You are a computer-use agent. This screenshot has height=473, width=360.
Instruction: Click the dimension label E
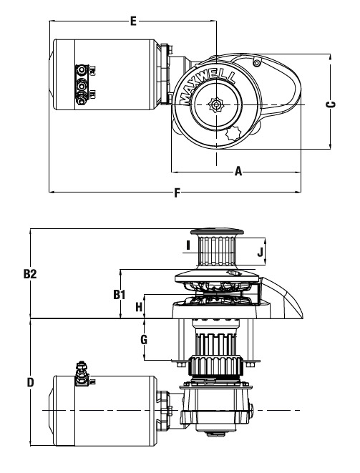[133, 21]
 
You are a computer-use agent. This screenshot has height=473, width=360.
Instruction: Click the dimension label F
[177, 192]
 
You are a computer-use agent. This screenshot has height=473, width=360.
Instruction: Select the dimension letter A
[238, 171]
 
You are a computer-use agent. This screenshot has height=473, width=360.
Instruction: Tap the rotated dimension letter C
[331, 104]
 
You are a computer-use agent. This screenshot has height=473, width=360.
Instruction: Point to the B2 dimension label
[30, 274]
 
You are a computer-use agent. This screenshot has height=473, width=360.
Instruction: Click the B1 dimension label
[120, 294]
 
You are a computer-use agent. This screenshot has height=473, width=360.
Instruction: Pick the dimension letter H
[139, 307]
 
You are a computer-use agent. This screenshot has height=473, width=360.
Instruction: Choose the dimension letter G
[145, 340]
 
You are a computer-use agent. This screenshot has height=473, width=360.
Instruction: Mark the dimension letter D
[31, 382]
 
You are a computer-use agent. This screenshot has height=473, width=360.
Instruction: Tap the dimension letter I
[188, 245]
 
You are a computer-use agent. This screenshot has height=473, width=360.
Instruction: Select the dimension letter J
[260, 251]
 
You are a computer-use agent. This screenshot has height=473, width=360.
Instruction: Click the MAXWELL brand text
[208, 85]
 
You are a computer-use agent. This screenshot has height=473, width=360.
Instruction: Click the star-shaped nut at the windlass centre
[216, 104]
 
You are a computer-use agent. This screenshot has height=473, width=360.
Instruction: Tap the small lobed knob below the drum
[233, 134]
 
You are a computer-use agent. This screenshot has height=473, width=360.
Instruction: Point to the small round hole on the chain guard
[256, 64]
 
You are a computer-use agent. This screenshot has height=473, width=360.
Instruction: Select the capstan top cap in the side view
[217, 233]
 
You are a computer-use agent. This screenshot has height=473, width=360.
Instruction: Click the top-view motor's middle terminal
[81, 87]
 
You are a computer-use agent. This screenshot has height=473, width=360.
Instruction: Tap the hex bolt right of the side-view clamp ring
[249, 365]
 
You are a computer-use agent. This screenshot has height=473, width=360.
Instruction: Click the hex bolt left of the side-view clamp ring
[180, 365]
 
